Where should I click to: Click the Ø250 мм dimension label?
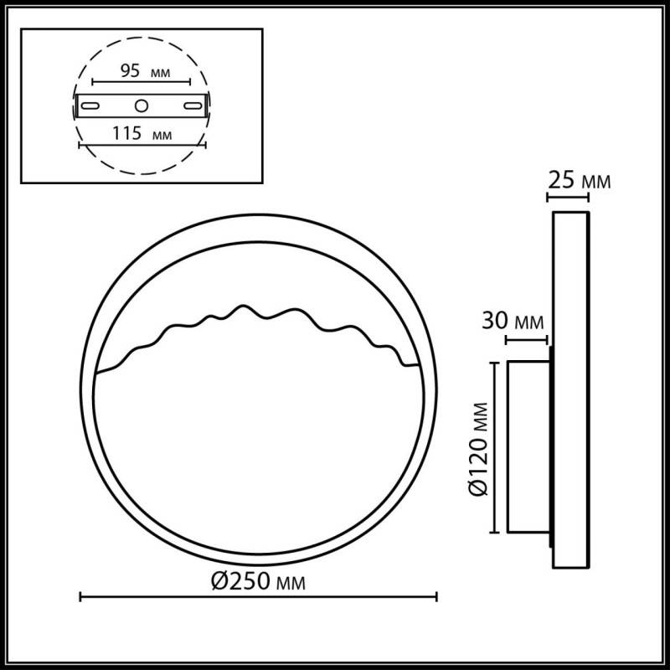[x=259, y=580]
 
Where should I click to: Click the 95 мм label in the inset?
[x=140, y=70]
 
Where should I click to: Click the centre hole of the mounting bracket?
[x=142, y=106]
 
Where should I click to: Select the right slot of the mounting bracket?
[x=193, y=106]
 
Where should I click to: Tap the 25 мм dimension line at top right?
[x=568, y=198]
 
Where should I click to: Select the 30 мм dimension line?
[x=528, y=340]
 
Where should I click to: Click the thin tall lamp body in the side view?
[x=569, y=389]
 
